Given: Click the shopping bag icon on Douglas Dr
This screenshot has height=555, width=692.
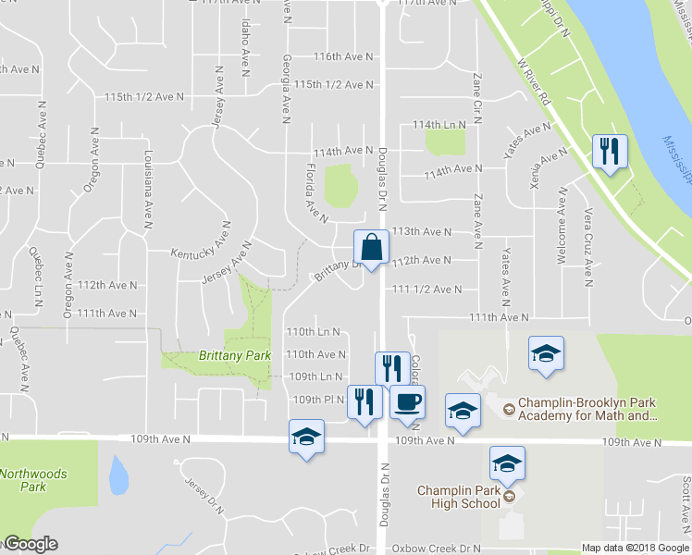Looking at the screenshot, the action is pos(371,248).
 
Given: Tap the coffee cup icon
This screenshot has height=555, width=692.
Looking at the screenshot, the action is pos(406,401).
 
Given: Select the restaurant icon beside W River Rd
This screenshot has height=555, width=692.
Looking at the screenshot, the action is pos(610,152).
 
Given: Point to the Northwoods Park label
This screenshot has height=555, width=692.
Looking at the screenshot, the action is pos(33,480).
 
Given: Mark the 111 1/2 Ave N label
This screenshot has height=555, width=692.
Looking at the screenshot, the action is pos(426,290).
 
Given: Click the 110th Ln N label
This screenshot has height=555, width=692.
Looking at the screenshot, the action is pos(313,331).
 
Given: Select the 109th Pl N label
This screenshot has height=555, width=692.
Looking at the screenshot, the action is pos(318,400).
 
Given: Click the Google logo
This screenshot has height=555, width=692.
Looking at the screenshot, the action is pos(30,544).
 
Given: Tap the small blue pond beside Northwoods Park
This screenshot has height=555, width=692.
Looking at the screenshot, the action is pos(118,475).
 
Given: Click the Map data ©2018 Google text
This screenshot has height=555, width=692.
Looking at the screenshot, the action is pos(635,548).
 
